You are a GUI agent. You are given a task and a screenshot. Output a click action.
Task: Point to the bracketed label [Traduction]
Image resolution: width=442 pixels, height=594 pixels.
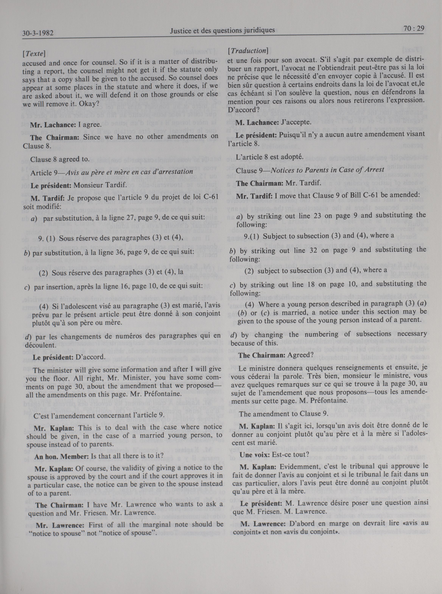tap(248, 51)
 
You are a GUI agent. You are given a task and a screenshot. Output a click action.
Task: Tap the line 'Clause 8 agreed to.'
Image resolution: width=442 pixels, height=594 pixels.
tap(60, 159)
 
